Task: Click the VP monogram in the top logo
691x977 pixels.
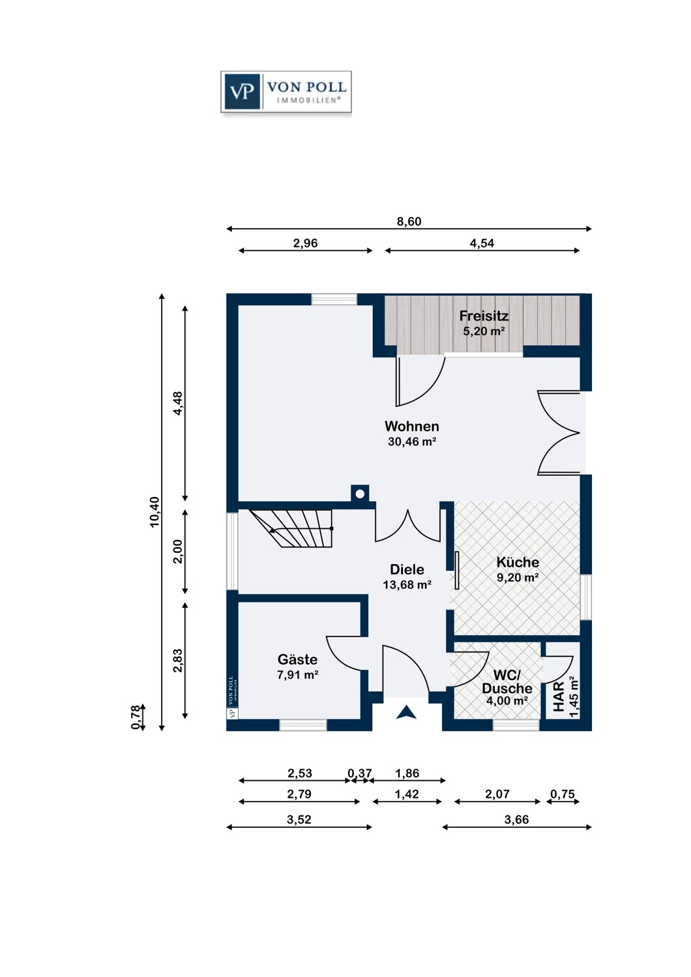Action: tap(242, 92)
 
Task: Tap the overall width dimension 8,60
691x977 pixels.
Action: tap(409, 221)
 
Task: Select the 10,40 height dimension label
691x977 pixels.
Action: tap(155, 512)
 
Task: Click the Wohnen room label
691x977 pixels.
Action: tap(411, 426)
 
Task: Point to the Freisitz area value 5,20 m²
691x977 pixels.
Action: tap(484, 331)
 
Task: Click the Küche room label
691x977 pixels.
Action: tap(518, 562)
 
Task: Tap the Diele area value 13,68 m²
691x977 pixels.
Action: tap(407, 584)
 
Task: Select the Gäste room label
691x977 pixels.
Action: tap(297, 659)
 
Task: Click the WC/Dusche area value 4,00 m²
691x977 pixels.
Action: tap(507, 701)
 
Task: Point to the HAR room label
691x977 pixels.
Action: tap(559, 697)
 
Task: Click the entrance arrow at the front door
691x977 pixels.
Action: tap(406, 712)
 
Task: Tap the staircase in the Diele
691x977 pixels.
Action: tap(291, 528)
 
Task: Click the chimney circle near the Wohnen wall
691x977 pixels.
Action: tap(360, 494)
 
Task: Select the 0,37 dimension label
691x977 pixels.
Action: tap(359, 773)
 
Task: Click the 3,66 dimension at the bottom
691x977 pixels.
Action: tap(516, 819)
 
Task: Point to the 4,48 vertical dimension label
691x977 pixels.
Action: tap(178, 403)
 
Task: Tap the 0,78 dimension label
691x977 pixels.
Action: tap(136, 718)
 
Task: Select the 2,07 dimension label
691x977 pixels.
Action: tap(497, 794)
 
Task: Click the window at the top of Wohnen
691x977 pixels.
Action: tap(334, 299)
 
